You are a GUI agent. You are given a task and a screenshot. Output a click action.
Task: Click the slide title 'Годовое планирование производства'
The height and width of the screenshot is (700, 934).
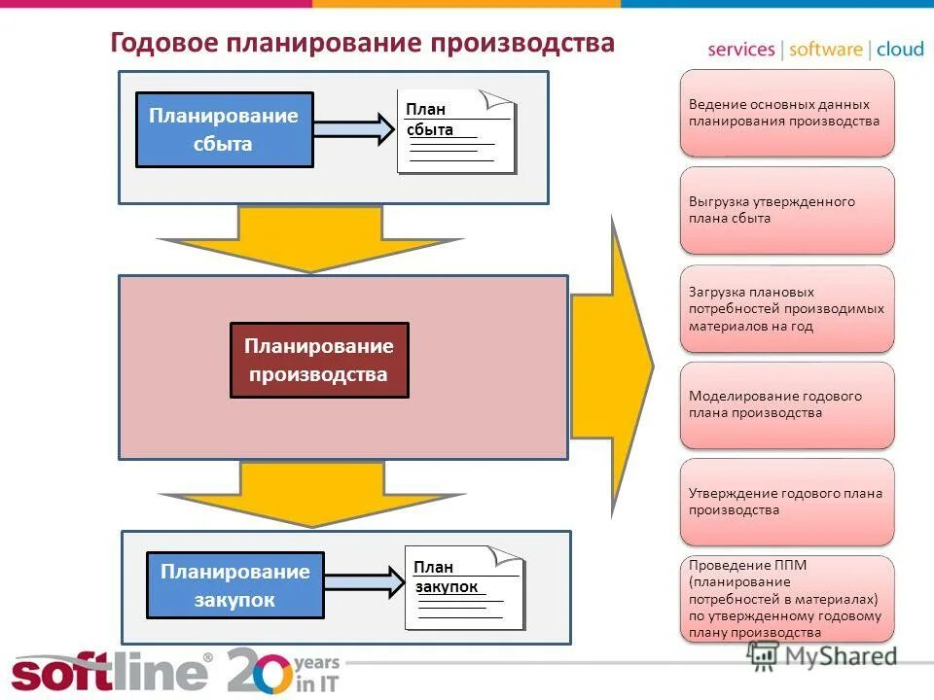tap(362, 44)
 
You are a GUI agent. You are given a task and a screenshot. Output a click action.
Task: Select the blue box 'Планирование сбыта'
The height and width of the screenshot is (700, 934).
tap(224, 130)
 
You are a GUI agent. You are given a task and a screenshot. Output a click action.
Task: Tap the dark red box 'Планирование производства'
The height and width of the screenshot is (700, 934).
tap(319, 361)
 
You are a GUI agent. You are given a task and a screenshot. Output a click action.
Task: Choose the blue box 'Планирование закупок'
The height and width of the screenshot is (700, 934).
tap(234, 585)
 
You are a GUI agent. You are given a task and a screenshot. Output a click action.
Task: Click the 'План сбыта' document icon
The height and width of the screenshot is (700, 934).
tap(455, 131)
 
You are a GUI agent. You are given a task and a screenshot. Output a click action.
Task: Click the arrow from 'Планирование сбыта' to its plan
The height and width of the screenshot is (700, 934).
tap(350, 128)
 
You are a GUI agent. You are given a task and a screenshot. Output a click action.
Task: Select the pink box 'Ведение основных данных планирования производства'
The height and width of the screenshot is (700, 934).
tap(786, 113)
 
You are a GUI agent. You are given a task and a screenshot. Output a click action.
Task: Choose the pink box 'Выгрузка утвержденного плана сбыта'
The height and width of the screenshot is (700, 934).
tap(786, 210)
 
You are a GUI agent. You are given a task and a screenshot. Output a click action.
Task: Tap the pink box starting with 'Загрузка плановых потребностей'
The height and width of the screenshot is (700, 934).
tap(786, 309)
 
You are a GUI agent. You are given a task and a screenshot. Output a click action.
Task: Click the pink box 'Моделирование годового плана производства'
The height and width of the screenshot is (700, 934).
tap(786, 404)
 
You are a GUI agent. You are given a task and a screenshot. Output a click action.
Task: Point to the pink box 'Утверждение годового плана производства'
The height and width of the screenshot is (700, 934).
tap(786, 502)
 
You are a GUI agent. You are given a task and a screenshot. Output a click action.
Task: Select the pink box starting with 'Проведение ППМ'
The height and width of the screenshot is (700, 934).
tap(786, 598)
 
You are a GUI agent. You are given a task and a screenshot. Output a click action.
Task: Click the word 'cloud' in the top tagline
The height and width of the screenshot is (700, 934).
tap(900, 50)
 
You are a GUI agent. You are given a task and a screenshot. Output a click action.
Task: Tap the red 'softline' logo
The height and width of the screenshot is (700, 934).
tap(109, 672)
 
